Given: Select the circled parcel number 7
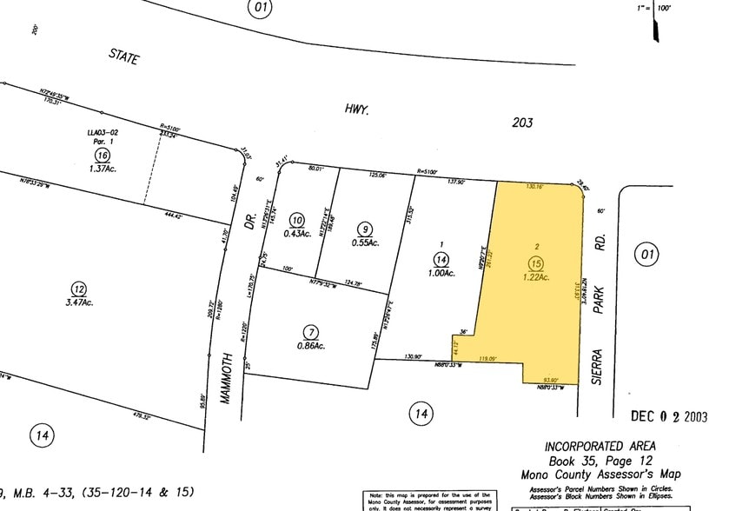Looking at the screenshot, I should click(x=310, y=332).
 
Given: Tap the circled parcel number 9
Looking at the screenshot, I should click(x=365, y=228).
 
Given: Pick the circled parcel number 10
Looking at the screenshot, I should click(x=297, y=220).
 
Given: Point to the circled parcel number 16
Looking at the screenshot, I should click(x=102, y=154).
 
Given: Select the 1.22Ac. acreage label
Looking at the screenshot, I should click(x=536, y=277).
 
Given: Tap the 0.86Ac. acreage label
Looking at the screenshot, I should click(x=310, y=347).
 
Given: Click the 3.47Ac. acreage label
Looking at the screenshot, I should click(x=78, y=302).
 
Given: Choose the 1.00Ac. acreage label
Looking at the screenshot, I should click(x=441, y=273).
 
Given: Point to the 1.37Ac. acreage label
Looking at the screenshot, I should click(x=102, y=168).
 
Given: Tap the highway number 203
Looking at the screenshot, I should click(x=521, y=123).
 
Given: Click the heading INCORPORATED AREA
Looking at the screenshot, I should click(x=600, y=447).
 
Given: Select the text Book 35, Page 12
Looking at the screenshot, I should click(x=600, y=461).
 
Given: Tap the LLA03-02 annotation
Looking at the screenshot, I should click(x=101, y=132).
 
